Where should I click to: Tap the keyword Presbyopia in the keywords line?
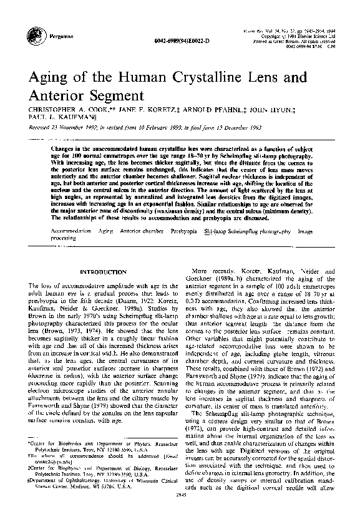tap(187, 231)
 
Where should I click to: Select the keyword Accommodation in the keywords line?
tap(70, 231)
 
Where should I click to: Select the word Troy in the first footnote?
tap(89, 465)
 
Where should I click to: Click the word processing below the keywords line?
tap(63, 238)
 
